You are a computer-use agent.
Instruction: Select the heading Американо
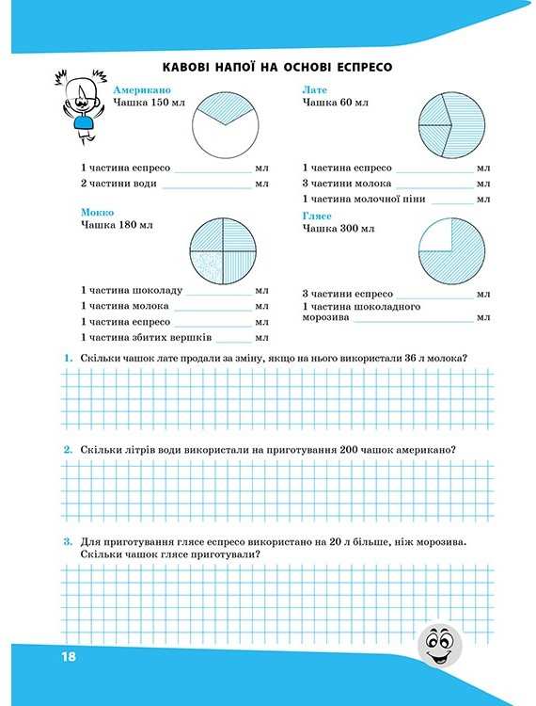(141, 90)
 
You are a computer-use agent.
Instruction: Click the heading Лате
(314, 89)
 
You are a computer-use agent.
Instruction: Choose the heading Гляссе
(319, 216)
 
